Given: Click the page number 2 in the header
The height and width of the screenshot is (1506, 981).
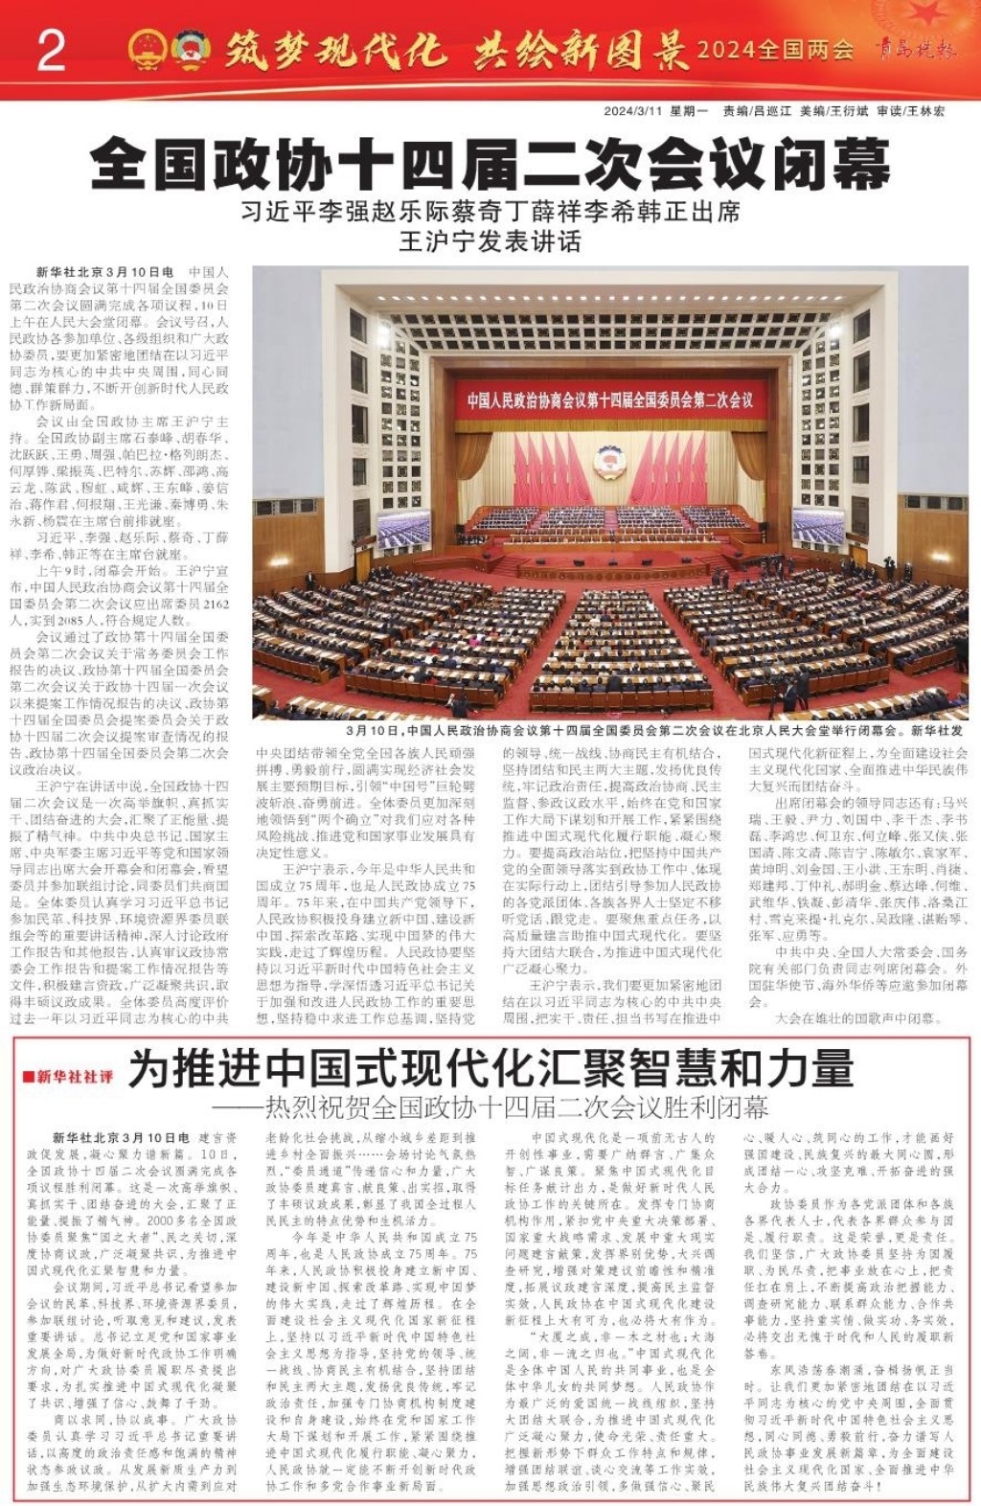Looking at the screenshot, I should (x=50, y=50).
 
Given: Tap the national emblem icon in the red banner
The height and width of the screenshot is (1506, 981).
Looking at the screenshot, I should (x=147, y=49).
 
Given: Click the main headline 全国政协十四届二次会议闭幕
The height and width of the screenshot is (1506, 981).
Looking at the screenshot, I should (x=490, y=164).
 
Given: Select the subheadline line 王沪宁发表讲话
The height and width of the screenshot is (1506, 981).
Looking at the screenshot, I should (x=490, y=240).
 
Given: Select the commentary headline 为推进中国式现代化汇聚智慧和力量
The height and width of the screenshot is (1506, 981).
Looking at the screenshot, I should (x=490, y=1069).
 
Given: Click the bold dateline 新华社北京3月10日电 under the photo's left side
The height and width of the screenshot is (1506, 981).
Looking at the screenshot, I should (x=105, y=273).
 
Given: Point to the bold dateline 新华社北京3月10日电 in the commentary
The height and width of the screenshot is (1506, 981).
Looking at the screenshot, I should (x=121, y=1137).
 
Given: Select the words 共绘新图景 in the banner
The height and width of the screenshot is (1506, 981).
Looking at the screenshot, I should (x=580, y=51).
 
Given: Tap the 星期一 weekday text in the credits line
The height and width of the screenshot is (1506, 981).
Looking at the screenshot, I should (x=688, y=111).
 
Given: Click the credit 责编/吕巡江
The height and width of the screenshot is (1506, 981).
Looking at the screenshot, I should (x=757, y=111).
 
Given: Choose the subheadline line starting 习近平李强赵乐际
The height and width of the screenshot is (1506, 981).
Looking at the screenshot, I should (x=490, y=211).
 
